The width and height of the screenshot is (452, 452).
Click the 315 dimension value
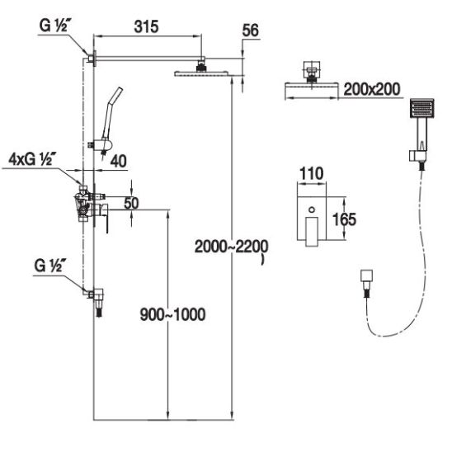click(147, 27)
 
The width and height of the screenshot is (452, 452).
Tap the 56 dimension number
click(250, 31)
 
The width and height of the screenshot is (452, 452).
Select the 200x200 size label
click(372, 89)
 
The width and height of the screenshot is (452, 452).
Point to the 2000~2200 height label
click(232, 247)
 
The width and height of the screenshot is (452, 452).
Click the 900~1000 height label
click(172, 314)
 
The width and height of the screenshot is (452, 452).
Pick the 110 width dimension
click(311, 173)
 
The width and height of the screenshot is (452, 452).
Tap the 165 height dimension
click(344, 219)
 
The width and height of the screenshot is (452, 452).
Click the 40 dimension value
click(119, 161)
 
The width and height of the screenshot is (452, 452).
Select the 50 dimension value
click(131, 203)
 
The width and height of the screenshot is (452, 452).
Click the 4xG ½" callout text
click(32, 159)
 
